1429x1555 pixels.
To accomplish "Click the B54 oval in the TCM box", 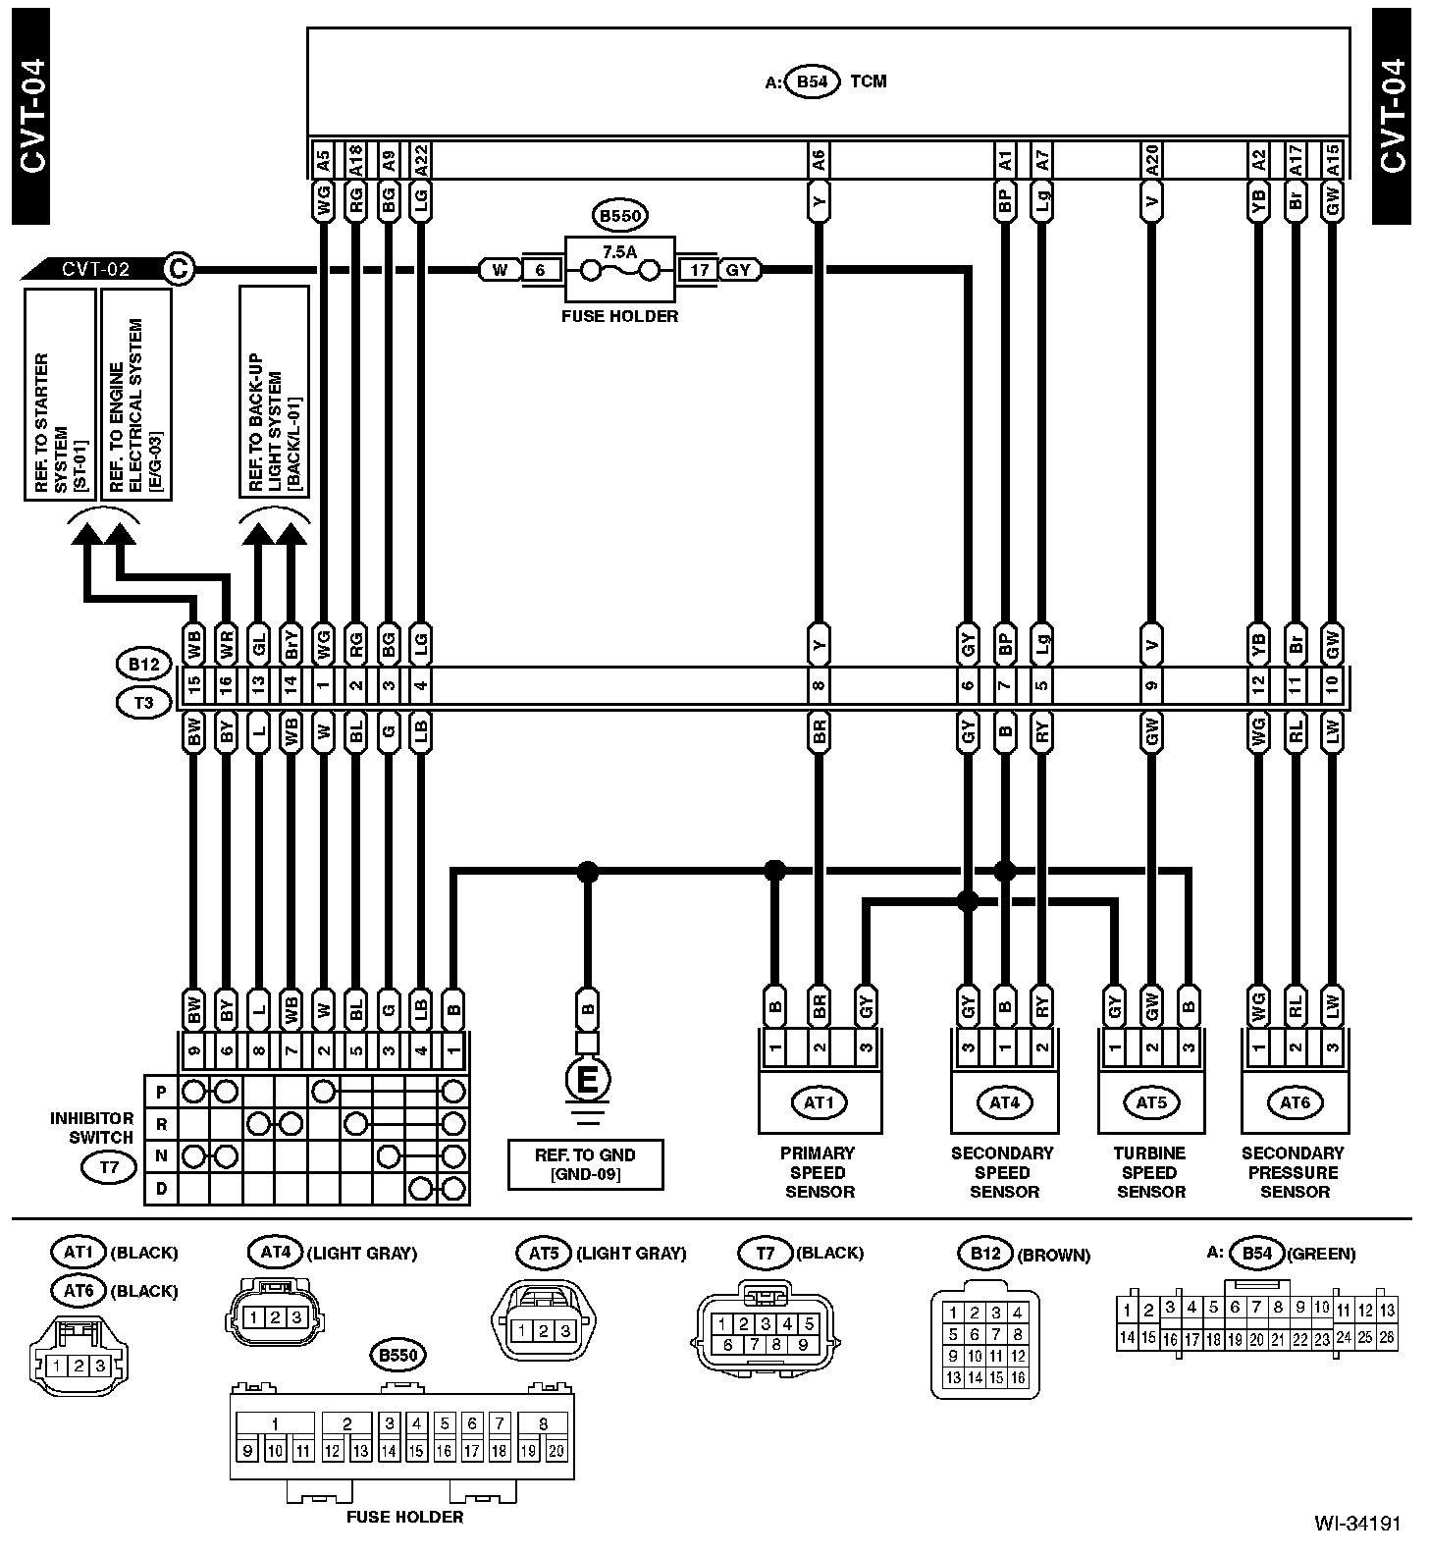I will (813, 81).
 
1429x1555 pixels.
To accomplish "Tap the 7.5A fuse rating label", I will (619, 251).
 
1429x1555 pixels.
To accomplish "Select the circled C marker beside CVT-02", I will (178, 268).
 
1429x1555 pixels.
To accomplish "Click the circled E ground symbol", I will (587, 1081).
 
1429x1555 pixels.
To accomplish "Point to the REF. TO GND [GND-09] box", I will (585, 1164).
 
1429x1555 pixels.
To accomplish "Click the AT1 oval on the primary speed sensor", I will (819, 1102).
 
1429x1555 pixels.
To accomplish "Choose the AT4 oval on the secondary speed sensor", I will (1004, 1102).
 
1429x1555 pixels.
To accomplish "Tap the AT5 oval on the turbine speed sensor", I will (1150, 1102).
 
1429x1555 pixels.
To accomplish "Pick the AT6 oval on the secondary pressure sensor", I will (1295, 1102).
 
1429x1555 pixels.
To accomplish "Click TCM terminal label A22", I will (421, 159).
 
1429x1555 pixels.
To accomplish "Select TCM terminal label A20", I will (1152, 159).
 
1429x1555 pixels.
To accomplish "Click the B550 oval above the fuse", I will (620, 215).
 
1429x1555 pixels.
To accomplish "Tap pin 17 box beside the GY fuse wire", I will (699, 270).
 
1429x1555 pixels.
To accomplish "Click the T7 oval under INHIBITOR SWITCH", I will (110, 1167).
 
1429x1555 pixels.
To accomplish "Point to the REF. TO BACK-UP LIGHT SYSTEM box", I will (275, 393).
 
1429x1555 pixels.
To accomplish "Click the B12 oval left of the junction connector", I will (143, 665).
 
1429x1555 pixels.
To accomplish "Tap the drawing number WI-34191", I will (1358, 1525).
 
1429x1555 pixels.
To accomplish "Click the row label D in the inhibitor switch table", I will (161, 1189).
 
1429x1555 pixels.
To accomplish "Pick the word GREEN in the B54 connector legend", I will (1321, 1254).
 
